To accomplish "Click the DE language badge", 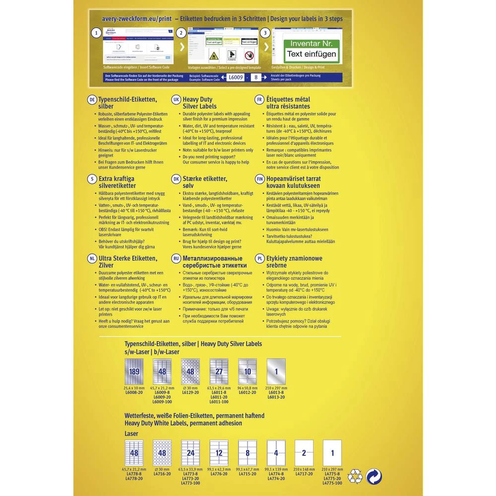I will [x=92, y=99].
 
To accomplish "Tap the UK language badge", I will [x=176, y=99].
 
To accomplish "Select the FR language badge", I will [x=259, y=99].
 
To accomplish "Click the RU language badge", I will [x=176, y=258].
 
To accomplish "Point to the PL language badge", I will [x=259, y=258].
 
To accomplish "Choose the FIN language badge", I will [x=259, y=179].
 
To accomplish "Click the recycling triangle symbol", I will [x=355, y=477].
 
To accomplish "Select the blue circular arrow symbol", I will [x=374, y=477].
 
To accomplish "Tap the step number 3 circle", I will [x=266, y=33].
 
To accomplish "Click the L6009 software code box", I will [x=235, y=77].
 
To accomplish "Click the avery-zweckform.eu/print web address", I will [x=136, y=19].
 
